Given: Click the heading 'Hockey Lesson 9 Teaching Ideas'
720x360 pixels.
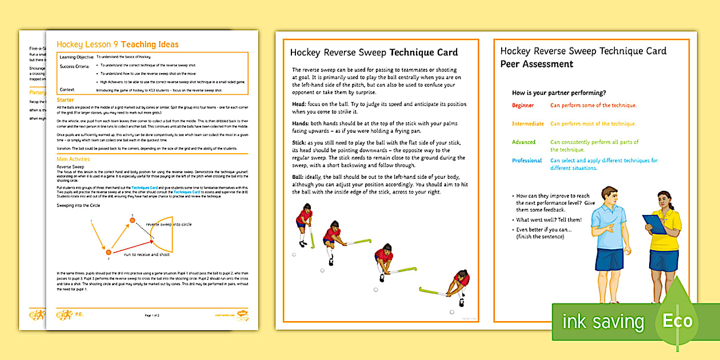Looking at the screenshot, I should point(118,45).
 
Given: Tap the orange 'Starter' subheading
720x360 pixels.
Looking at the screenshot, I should point(66,100).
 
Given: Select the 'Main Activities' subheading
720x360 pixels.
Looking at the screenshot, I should point(73,159).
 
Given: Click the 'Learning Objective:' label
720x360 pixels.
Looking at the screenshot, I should point(77,58).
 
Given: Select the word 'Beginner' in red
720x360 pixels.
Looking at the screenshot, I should point(523,106).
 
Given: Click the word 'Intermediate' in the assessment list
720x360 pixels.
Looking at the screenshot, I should point(528,124).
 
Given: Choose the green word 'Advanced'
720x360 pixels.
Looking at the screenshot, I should point(524,142).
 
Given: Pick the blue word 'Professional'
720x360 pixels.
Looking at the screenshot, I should point(527,161).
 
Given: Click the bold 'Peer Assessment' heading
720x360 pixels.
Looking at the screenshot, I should point(537,64).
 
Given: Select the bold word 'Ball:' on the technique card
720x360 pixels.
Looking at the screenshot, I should point(299,177).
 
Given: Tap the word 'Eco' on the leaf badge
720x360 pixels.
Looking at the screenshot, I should point(677,321).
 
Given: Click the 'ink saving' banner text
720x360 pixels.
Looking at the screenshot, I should point(602,322).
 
